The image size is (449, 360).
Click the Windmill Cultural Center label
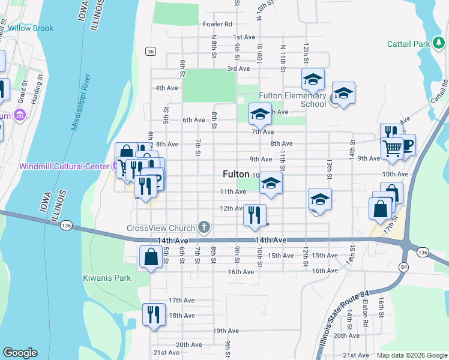coord(65,166)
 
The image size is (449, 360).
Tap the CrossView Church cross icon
coord(204,227)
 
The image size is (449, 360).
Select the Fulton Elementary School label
coord(292,100)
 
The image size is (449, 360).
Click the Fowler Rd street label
coord(217,25)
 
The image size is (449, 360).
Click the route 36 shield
coord(151,52)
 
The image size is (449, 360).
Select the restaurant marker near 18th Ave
coord(154,314)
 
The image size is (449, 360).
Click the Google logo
coord(20,353)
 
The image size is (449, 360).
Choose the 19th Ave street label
coord(226,331)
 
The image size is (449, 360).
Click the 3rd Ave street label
coord(238,68)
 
